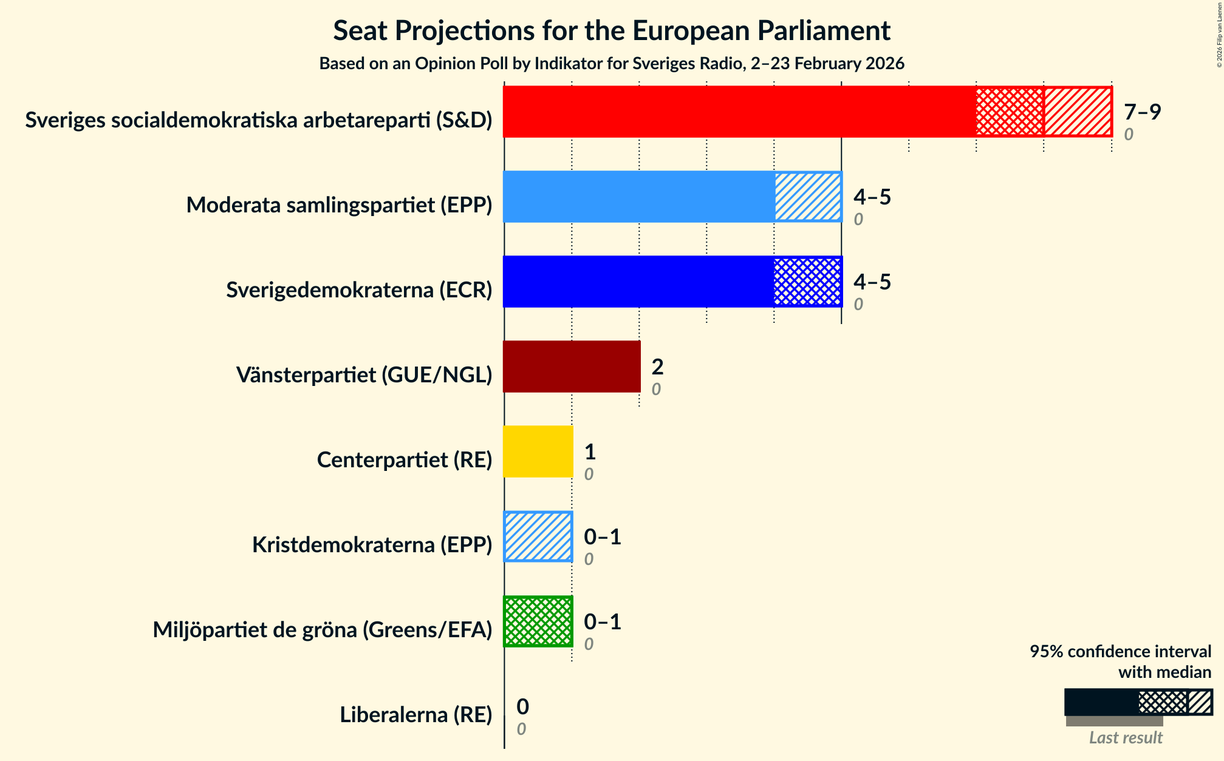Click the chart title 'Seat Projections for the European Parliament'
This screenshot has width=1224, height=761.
click(611, 31)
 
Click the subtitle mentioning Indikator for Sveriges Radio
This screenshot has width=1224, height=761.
click(611, 64)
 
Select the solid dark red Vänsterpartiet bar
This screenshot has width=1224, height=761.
click(572, 367)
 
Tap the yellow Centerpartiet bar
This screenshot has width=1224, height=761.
click(538, 452)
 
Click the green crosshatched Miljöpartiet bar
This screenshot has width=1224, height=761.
click(538, 621)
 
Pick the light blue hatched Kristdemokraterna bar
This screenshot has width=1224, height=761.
click(538, 536)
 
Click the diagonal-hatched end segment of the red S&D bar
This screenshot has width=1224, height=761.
click(1078, 112)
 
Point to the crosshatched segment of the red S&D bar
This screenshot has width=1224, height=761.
click(1010, 112)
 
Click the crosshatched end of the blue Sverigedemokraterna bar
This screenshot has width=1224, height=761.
click(808, 282)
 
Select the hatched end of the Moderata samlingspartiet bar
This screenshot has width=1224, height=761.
click(808, 197)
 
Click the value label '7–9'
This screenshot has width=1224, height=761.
click(1142, 112)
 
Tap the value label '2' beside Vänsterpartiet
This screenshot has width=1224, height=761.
click(657, 367)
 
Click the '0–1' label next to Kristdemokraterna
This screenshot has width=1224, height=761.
click(602, 537)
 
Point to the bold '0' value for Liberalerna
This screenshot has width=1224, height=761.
click(522, 707)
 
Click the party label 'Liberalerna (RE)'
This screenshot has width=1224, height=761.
click(415, 715)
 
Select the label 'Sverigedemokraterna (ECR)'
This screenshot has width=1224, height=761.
click(359, 290)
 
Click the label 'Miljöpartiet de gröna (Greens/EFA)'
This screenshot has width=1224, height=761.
click(322, 630)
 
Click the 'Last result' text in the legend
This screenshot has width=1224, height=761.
click(1125, 737)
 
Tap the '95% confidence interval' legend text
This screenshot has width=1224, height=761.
click(1120, 652)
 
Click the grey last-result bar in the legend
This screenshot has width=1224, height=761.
click(1114, 721)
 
